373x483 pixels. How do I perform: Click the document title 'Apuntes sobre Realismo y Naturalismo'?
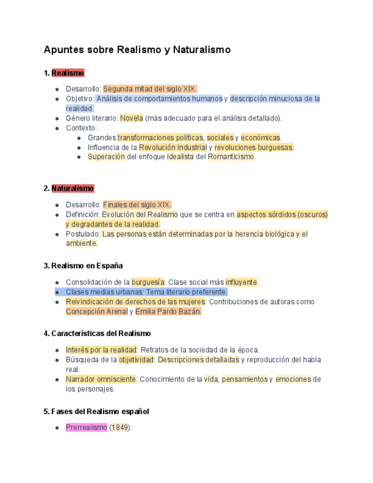click(x=137, y=50)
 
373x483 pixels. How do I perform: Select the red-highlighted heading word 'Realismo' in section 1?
click(x=68, y=73)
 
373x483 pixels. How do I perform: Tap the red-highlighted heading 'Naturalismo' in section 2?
click(x=72, y=189)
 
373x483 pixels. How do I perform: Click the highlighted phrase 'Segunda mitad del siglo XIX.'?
click(x=150, y=89)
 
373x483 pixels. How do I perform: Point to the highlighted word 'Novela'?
click(x=131, y=118)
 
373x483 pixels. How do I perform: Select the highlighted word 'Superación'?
click(x=106, y=157)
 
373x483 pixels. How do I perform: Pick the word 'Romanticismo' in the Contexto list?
click(x=231, y=157)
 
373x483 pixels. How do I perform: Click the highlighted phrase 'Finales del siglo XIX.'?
click(x=137, y=204)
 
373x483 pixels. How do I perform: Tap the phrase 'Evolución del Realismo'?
click(x=140, y=215)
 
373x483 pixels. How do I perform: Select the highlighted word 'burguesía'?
click(x=147, y=282)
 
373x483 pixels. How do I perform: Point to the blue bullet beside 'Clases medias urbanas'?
click(x=58, y=292)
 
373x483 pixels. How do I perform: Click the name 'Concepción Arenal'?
click(x=96, y=312)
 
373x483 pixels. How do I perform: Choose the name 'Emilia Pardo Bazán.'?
click(x=168, y=312)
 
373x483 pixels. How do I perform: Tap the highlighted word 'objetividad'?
click(x=136, y=360)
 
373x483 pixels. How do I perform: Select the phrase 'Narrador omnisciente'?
click(x=101, y=379)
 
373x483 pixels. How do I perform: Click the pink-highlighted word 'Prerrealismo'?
click(x=86, y=427)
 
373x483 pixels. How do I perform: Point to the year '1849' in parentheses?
click(x=120, y=427)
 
